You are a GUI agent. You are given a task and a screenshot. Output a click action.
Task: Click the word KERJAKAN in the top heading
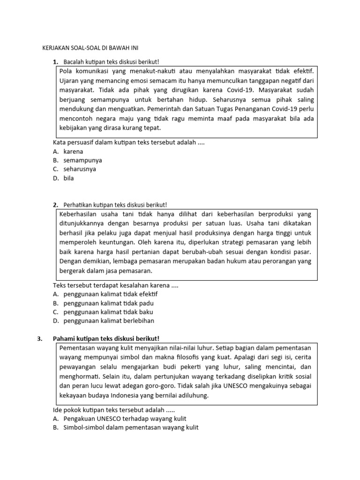[54, 48]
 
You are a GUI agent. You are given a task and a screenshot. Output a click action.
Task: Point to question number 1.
[55, 62]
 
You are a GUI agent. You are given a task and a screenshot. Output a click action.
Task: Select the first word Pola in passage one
[67, 71]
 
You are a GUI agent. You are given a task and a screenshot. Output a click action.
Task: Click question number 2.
[55, 205]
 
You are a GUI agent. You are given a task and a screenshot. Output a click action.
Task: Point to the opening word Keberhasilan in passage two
[79, 214]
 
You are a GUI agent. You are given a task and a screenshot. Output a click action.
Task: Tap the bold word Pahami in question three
[63, 339]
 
